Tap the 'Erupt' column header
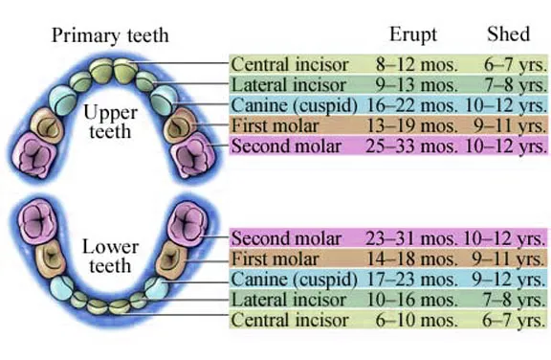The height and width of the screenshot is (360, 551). tap(413, 35)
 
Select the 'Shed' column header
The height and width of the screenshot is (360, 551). tap(508, 35)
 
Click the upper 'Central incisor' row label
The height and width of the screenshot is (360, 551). tap(291, 64)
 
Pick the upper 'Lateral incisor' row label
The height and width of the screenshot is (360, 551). tap(289, 84)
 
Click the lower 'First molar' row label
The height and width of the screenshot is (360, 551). tap(277, 259)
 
